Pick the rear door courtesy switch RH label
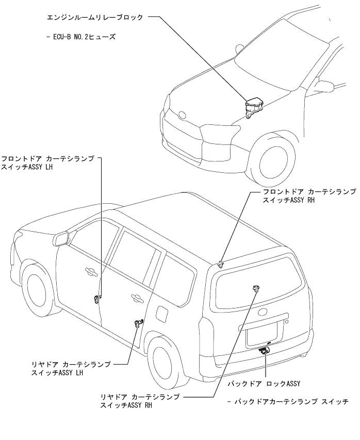click(140, 401)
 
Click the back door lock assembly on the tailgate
click(265, 350)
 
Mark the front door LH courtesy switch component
click(96, 299)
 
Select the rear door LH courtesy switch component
click(138, 323)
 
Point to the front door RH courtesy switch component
click(221, 264)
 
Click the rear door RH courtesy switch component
click(255, 288)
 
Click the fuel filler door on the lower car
click(162, 314)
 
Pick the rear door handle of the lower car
click(137, 297)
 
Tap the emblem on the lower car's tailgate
click(263, 311)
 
